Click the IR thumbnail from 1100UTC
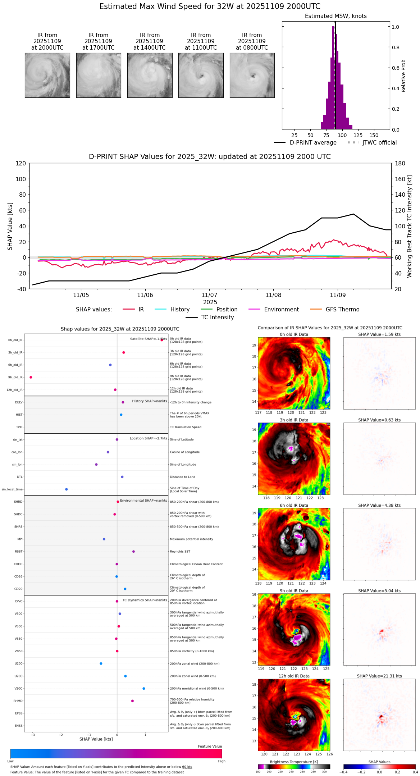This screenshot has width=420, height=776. [x=201, y=75]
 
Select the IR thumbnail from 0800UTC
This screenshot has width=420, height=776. [x=252, y=75]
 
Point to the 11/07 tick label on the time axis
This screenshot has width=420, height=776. [x=209, y=295]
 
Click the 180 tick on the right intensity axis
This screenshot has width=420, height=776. [x=400, y=163]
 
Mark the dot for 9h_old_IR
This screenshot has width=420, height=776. [x=31, y=377]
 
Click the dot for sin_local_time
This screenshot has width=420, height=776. [x=67, y=489]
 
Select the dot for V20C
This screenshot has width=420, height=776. [x=144, y=688]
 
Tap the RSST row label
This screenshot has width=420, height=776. [x=19, y=551]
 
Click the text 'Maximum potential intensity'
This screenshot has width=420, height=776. [x=191, y=539]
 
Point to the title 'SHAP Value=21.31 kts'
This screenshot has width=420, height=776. [x=379, y=676]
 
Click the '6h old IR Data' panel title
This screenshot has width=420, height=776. [x=294, y=505]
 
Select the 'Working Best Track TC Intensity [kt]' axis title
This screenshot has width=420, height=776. [x=410, y=226]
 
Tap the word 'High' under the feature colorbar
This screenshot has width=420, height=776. [x=222, y=761]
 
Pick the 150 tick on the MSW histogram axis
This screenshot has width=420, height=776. [x=374, y=136]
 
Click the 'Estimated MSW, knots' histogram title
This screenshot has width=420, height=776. [x=335, y=16]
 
